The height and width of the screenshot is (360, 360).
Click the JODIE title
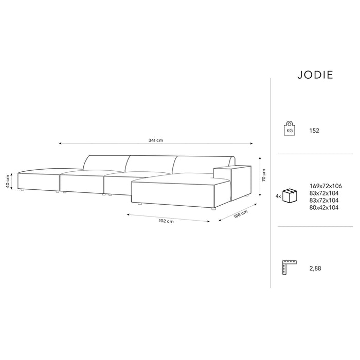(x=315, y=75)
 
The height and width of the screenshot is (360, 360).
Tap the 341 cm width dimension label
(x=156, y=140)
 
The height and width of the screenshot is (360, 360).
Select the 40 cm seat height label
(x=8, y=182)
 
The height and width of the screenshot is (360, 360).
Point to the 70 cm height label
(x=263, y=175)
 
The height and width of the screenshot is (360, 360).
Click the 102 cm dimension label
(x=166, y=221)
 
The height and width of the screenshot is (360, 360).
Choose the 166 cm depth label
(x=240, y=214)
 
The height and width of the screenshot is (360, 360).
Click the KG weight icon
(x=290, y=129)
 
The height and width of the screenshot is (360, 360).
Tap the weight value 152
(x=314, y=131)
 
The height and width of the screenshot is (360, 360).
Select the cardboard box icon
(x=290, y=195)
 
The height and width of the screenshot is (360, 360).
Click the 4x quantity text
(x=278, y=196)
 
